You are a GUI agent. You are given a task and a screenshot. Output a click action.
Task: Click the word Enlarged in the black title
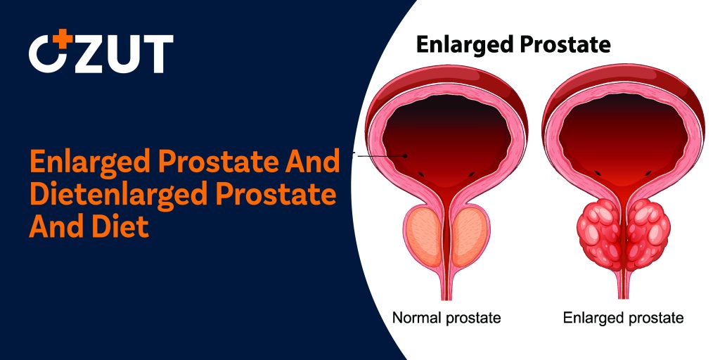point(465,44)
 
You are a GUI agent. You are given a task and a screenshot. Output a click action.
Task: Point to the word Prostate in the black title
point(565,44)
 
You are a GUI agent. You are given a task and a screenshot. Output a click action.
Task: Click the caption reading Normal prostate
point(446,318)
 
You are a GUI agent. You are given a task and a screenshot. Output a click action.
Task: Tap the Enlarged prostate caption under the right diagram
point(623,318)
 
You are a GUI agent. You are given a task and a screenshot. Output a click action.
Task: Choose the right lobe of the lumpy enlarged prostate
point(647,236)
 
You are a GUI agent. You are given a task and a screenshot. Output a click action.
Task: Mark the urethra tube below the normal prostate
point(445,287)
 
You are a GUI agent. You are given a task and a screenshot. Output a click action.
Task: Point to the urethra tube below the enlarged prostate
point(622,287)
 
